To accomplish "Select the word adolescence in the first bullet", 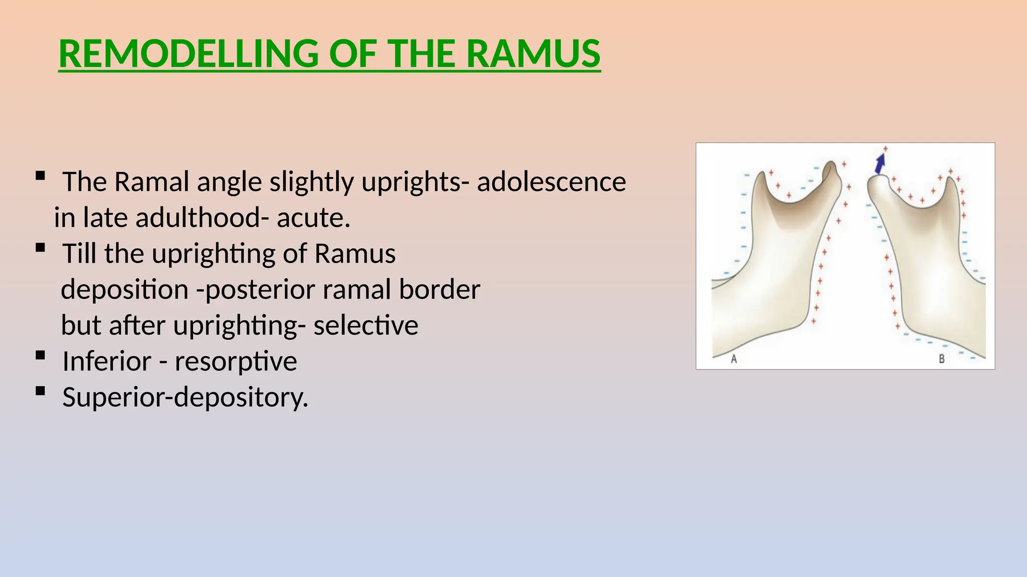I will point(551,182).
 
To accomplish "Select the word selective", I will point(366,326).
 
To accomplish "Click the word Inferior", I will point(106,362).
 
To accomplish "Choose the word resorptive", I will point(235,362).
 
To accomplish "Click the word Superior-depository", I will point(185,398).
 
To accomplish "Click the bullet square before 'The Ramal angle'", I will point(41,176).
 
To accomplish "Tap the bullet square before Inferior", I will point(41,356).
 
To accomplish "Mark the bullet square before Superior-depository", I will point(41,391).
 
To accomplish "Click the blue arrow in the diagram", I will point(880,163).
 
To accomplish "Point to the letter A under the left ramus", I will point(734,359).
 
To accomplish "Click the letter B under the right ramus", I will point(941,359).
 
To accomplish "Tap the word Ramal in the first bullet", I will point(151,182).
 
